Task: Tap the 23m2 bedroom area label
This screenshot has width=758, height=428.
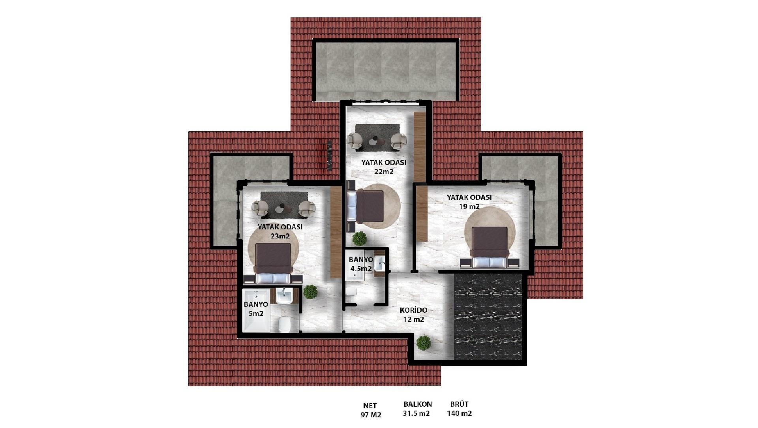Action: (x=280, y=232)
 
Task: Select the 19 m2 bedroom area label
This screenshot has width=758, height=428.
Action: (x=469, y=202)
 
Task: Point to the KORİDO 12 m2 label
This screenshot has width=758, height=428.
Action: (x=413, y=315)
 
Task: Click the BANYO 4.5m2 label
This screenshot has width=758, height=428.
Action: (x=360, y=264)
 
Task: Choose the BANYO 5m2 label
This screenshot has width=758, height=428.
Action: (x=255, y=309)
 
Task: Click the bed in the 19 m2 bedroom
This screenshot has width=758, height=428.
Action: (x=490, y=247)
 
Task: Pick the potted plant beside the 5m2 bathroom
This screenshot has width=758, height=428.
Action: (x=311, y=292)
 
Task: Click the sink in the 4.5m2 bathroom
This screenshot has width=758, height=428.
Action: (x=379, y=263)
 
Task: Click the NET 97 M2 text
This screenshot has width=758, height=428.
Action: (x=370, y=410)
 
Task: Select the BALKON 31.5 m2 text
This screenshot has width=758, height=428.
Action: (x=417, y=409)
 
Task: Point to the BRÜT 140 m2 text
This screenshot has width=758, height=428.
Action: (x=459, y=409)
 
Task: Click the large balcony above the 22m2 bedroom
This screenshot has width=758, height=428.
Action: (x=386, y=70)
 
